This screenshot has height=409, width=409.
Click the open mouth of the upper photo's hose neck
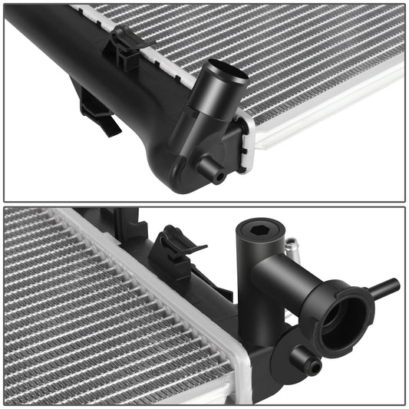229,74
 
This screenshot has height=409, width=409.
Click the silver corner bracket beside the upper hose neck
247,142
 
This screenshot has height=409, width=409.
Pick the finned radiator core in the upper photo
307,54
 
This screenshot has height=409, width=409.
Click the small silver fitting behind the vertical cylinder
291,247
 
